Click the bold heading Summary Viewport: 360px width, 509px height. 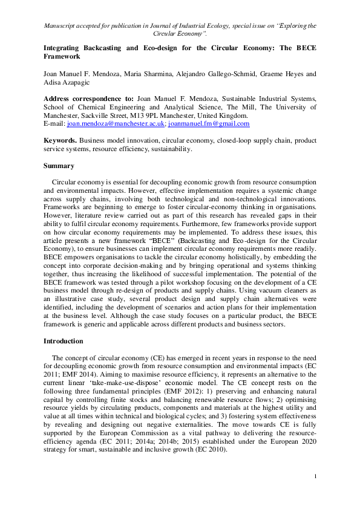click(59, 166)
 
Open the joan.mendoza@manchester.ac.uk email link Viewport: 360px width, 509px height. click(116, 123)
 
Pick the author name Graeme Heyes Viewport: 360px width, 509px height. click(284, 74)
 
